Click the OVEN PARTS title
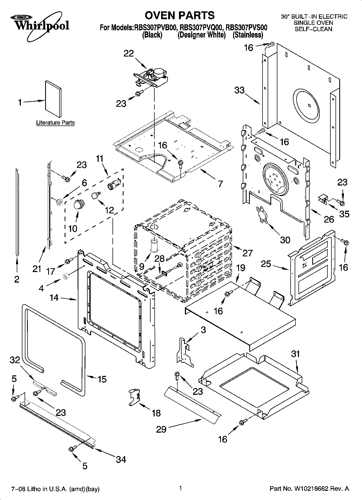click(x=180, y=15)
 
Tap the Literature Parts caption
click(x=55, y=123)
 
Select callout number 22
click(x=129, y=53)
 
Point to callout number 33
click(x=240, y=90)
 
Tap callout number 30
click(x=285, y=240)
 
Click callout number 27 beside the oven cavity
click(x=247, y=253)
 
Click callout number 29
click(x=161, y=429)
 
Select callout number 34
click(x=121, y=459)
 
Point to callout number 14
click(x=54, y=298)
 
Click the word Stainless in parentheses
click(x=248, y=35)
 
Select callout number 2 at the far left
click(x=17, y=279)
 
